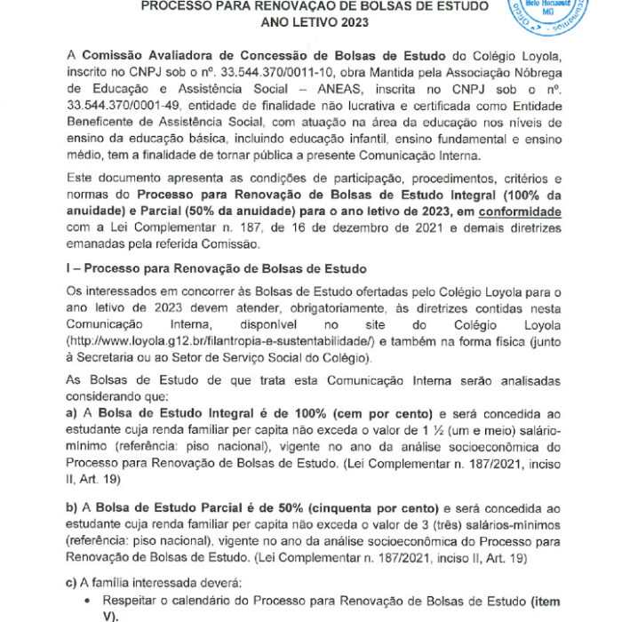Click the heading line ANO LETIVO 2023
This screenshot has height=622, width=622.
311,21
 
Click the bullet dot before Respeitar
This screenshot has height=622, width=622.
91,602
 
